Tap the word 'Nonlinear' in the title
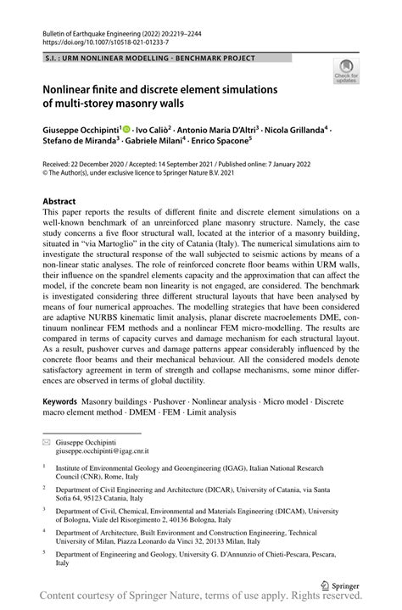[75, 88]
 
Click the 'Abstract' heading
[64, 202]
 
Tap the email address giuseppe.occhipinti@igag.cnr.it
[106, 453]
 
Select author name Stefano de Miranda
[81, 144]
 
